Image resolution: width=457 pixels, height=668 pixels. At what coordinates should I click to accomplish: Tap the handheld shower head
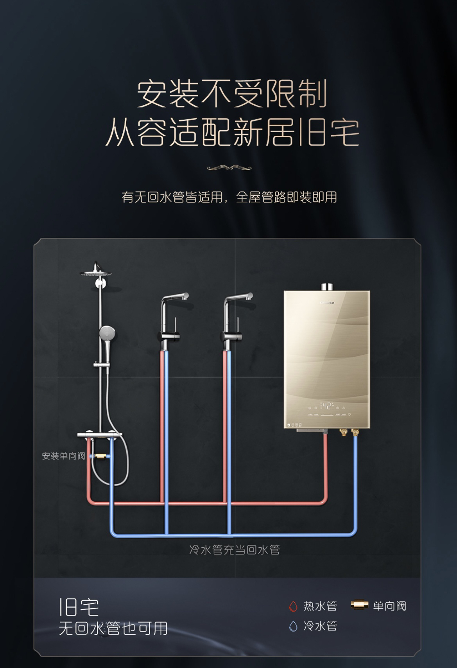[107, 334]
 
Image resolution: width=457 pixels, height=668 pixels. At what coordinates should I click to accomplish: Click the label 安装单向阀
[63, 456]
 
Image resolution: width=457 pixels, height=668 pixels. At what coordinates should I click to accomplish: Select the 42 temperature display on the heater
[326, 405]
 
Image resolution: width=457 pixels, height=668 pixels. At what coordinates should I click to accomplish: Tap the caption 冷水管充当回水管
[235, 550]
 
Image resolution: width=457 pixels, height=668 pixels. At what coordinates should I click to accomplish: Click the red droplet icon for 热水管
[293, 606]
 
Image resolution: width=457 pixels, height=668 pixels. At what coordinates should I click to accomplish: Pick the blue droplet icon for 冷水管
[293, 626]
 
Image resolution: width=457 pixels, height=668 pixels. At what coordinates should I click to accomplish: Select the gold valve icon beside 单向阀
[359, 605]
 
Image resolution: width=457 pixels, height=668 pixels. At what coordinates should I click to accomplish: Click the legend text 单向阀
[389, 606]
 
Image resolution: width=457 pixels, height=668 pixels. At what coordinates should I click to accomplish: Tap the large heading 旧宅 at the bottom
[79, 607]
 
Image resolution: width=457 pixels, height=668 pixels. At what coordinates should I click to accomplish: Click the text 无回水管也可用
[113, 628]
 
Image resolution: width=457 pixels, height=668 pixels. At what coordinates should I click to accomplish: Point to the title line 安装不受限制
[231, 94]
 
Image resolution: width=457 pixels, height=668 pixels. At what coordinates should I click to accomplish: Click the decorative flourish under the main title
[229, 168]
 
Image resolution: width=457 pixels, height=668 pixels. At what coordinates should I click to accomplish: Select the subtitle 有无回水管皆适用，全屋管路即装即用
[229, 197]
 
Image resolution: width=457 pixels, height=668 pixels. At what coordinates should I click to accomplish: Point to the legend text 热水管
[320, 606]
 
